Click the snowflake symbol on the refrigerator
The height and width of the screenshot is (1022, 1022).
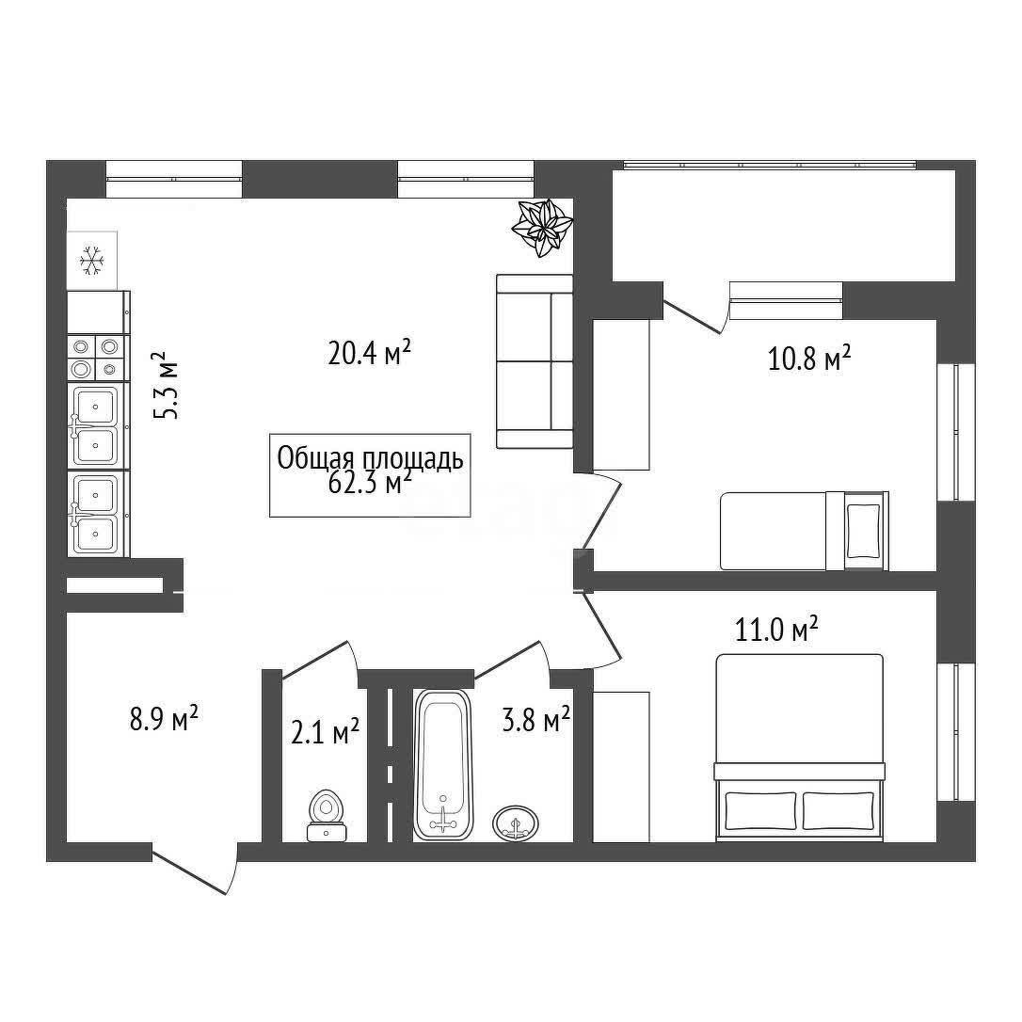(x=92, y=260)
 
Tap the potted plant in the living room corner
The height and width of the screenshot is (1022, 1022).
(x=542, y=228)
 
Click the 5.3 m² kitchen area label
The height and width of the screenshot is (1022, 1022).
(x=165, y=386)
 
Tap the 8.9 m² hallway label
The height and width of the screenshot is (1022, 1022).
(x=164, y=721)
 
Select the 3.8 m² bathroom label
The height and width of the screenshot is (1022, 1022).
(x=535, y=720)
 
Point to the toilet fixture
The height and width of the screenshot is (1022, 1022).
(x=327, y=815)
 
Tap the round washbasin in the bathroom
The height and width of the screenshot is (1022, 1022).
(x=517, y=823)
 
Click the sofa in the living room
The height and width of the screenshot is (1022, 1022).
(x=535, y=361)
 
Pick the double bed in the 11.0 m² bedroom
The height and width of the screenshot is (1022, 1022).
(x=800, y=747)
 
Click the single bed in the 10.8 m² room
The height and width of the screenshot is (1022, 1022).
(x=805, y=531)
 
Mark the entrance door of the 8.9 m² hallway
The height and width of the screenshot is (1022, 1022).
(x=195, y=869)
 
